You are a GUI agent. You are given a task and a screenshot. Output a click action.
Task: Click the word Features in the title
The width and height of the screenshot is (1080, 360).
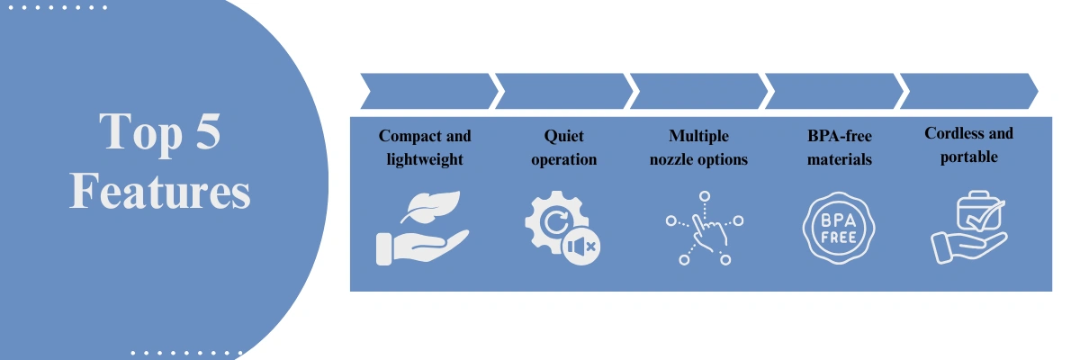(x=160, y=192)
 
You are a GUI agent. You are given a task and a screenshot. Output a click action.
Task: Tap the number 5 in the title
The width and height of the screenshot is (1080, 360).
(x=208, y=131)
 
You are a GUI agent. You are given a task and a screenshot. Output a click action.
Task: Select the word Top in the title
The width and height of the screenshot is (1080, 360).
(x=140, y=135)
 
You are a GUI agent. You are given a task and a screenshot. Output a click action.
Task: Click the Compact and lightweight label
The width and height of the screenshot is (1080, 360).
(x=425, y=148)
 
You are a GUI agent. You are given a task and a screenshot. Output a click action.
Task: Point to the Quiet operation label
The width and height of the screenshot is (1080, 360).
(x=564, y=148)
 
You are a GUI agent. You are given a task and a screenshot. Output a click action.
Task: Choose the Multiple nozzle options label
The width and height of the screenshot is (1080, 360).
(x=698, y=148)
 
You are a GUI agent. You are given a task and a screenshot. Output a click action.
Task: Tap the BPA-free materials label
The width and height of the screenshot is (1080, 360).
(x=840, y=148)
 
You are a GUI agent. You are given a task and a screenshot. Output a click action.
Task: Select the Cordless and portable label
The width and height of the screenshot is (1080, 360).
(x=968, y=145)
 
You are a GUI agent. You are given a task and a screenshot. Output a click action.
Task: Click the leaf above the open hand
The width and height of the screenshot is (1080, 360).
(x=431, y=206)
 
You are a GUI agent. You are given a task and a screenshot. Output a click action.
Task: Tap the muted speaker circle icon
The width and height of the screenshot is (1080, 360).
(x=581, y=247)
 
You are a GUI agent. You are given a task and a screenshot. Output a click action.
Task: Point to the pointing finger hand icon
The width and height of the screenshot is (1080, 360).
(x=710, y=233)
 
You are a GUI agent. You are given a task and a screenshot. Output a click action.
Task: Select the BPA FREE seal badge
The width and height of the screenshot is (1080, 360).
(x=839, y=228)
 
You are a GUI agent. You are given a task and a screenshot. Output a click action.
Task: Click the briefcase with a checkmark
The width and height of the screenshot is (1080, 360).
(x=980, y=211)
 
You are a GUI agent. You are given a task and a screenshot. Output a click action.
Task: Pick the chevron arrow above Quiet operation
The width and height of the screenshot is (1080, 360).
(x=563, y=91)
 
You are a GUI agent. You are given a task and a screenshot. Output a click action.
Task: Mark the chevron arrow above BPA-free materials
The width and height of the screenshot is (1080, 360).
(x=833, y=91)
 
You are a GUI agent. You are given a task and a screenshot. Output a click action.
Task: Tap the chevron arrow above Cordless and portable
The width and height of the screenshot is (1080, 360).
(x=968, y=91)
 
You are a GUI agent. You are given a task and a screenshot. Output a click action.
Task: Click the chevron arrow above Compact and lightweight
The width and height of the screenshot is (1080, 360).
(x=428, y=91)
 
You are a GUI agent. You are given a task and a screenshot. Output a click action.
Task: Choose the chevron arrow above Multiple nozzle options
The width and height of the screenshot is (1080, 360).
(x=698, y=91)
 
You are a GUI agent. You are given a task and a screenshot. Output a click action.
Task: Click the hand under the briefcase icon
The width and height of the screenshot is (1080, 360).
(x=968, y=247)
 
